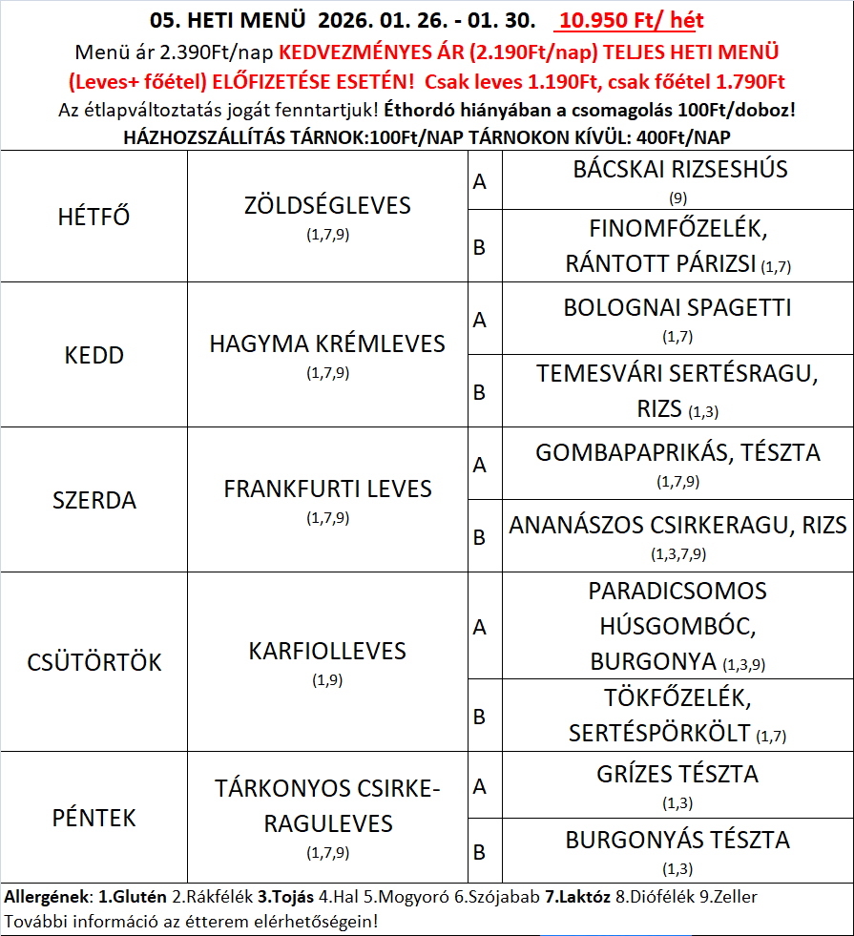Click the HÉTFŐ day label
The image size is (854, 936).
94,217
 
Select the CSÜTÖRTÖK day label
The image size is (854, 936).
94,661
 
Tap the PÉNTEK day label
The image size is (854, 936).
94,818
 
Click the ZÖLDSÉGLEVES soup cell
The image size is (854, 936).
327,205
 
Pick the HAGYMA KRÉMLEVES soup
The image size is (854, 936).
327,343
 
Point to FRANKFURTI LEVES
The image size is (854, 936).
327,489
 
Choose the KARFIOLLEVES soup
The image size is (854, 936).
327,651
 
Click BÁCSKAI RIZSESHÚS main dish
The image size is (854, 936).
679,170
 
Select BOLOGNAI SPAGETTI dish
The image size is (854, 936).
677,308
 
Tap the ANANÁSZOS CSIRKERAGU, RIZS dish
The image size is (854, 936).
677,525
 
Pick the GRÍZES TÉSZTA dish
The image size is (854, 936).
677,774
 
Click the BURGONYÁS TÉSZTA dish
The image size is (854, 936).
677,840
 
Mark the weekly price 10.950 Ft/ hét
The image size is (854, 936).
632,20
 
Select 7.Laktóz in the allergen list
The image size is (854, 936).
578,897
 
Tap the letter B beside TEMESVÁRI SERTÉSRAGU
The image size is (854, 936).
480,391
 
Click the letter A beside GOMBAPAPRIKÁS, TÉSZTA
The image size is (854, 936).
480,465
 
